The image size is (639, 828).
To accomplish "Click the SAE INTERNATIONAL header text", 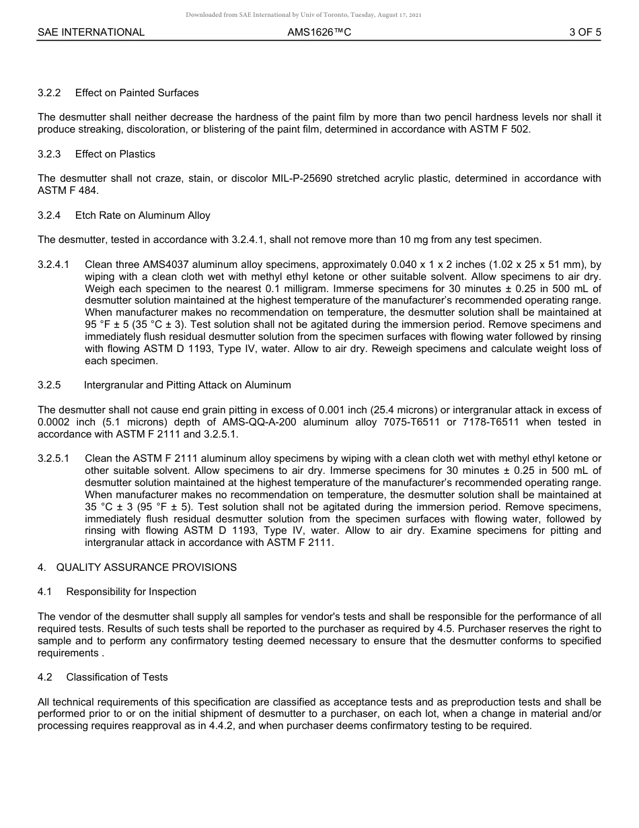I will (91, 32).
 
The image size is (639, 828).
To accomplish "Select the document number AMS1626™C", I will (319, 32).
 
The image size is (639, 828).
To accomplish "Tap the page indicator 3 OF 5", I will (585, 32).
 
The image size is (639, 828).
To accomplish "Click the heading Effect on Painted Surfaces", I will (137, 93).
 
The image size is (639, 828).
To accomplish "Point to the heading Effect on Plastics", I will (115, 154).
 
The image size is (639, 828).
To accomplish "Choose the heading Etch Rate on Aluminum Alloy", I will (143, 215).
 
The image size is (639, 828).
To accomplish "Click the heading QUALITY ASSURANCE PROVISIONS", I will (146, 567).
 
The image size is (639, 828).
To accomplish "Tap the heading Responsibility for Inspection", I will (131, 592).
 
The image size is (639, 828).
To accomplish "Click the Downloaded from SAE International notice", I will (303, 15).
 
